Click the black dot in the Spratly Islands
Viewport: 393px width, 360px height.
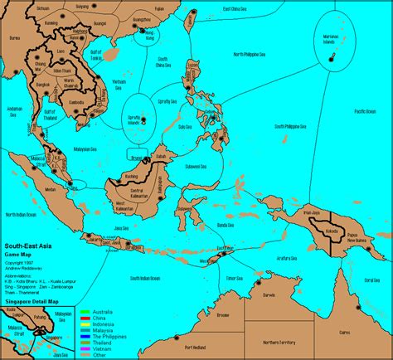(143, 119)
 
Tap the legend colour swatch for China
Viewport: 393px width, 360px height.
(84, 316)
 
